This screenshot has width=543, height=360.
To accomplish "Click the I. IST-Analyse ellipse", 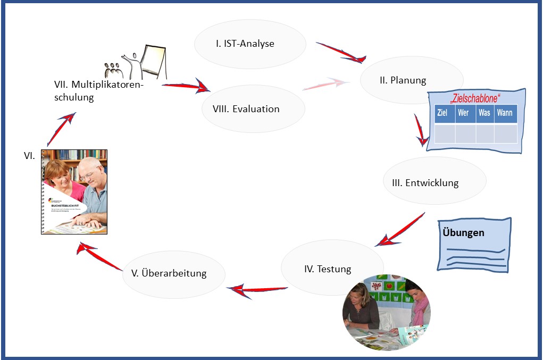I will (250, 44).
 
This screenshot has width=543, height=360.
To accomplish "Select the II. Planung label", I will (403, 81).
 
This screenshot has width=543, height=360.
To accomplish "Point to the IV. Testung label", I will (328, 269).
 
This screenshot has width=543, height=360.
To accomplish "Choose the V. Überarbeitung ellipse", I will (174, 273).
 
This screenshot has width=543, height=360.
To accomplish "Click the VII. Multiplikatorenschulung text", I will (99, 91).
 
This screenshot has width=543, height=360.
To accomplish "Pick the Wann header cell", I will (505, 113).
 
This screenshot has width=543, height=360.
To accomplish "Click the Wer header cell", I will (464, 113).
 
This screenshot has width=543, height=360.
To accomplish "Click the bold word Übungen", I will (463, 233).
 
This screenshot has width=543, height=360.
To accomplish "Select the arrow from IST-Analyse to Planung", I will (340, 52).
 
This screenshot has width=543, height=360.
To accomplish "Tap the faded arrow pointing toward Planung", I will (325, 84).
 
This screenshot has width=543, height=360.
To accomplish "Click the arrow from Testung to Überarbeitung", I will (257, 289).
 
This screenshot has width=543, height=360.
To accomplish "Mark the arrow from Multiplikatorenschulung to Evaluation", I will (186, 86).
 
